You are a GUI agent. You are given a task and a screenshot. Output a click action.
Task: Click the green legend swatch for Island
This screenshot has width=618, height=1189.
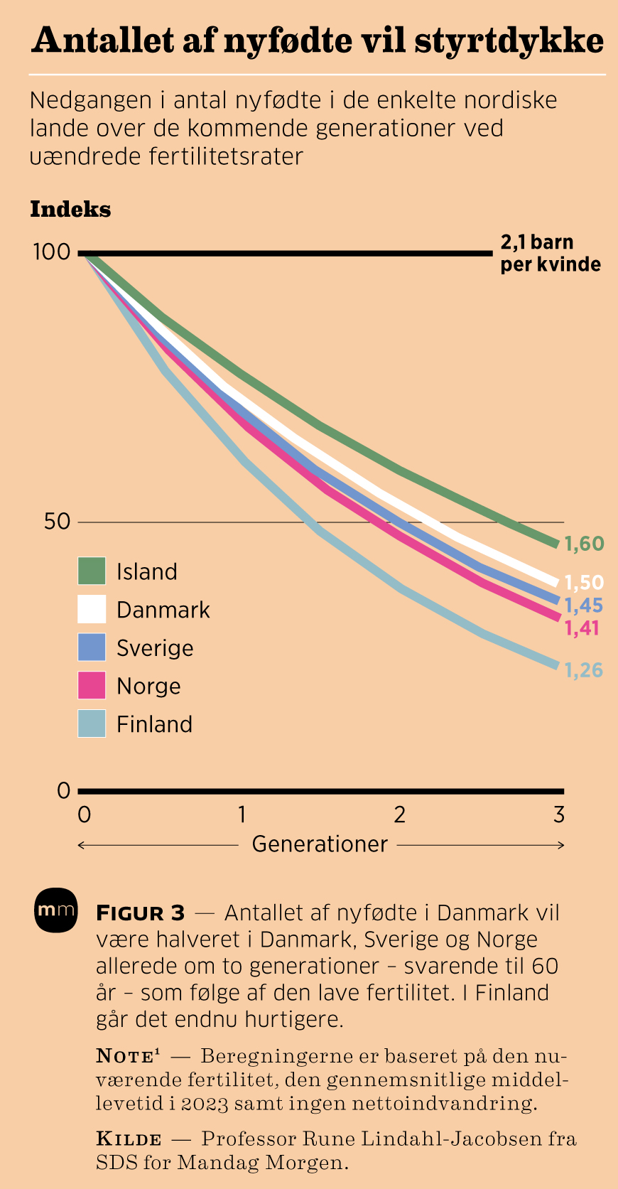tap(92, 571)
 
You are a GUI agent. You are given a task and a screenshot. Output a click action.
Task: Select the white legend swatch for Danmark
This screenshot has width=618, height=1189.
tap(92, 609)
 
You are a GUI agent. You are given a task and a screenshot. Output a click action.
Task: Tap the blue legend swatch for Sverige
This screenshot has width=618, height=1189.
tap(92, 647)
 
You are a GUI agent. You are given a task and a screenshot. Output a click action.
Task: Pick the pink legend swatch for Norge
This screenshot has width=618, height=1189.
tap(92, 686)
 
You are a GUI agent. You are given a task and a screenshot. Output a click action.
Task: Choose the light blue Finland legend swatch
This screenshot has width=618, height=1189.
tap(92, 723)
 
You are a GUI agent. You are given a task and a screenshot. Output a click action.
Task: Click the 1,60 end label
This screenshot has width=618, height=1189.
tap(584, 544)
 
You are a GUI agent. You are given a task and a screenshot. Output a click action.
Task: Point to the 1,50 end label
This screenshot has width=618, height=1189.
tap(584, 583)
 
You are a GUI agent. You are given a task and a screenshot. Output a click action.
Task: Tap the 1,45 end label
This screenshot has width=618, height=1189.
tap(584, 606)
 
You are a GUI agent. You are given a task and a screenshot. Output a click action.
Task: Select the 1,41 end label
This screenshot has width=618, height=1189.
tap(582, 628)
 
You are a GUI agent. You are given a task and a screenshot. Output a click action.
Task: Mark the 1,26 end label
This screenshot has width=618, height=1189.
tap(584, 670)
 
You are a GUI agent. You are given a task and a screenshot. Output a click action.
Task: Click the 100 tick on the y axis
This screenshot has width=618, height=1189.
tap(51, 252)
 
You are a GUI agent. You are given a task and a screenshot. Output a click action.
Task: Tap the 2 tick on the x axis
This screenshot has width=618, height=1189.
tap(400, 814)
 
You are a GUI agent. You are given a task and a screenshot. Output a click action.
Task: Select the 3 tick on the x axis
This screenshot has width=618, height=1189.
tap(559, 814)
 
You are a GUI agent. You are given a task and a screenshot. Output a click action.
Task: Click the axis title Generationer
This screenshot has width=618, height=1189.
tap(320, 844)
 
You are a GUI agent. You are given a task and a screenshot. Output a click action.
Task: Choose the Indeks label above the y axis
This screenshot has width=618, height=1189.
tap(70, 210)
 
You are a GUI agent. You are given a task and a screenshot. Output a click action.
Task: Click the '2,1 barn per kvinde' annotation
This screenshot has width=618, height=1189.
tap(551, 254)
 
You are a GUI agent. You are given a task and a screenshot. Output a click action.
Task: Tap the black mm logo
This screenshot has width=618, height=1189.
tap(55, 910)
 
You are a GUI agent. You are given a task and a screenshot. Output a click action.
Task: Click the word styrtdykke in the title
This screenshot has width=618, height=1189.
tap(509, 41)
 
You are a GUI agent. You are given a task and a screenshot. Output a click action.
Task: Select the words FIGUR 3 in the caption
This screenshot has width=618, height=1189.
tap(141, 913)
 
